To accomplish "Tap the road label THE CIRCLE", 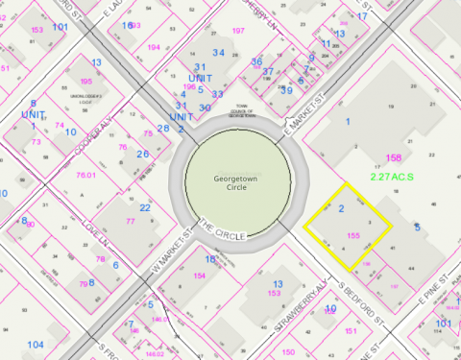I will pyautogui.click(x=223, y=229).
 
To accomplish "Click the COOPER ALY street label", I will pyautogui.click(x=83, y=129).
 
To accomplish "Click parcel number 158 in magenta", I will pyautogui.click(x=393, y=157).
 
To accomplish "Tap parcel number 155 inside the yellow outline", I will pyautogui.click(x=352, y=233).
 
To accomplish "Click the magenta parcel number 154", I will pyautogui.click(x=200, y=276).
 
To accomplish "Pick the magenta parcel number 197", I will pyautogui.click(x=238, y=32).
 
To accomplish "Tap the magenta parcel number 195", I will pyautogui.click(x=86, y=82).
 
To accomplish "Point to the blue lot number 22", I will pyautogui.click(x=145, y=207).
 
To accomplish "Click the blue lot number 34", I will pyautogui.click(x=219, y=52).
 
